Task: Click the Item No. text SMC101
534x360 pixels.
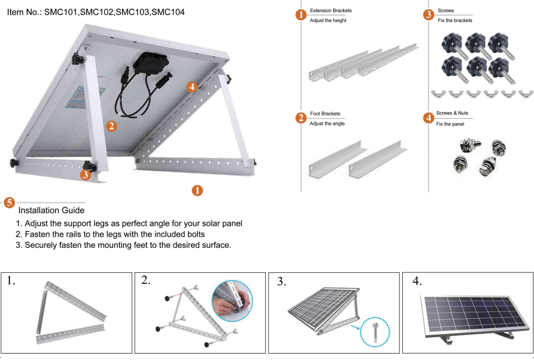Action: coord(62,12)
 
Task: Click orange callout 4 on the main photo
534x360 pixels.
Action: coord(193,87)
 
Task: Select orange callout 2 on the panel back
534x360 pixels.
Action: coord(111,125)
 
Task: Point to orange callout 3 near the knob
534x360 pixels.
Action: coord(85,173)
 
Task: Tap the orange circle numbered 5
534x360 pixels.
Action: coord(9,203)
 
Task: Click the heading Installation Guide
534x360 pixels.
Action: coord(52,210)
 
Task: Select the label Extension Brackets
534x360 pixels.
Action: coord(331,11)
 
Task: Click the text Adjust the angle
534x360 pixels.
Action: coord(327,124)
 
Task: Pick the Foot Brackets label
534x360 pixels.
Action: coord(325,114)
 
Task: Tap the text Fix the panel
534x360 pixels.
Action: coord(450,124)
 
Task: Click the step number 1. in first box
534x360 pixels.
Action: coord(10,281)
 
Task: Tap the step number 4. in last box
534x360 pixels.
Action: coord(416,281)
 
